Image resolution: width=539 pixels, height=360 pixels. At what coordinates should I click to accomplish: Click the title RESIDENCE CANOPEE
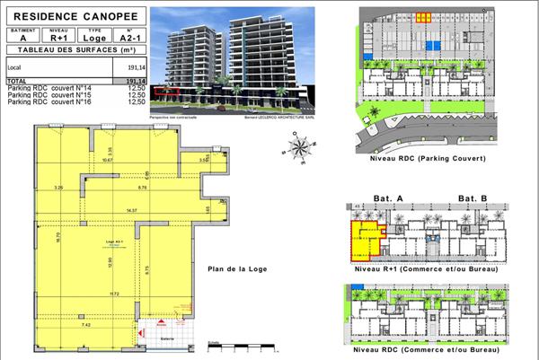(71, 15)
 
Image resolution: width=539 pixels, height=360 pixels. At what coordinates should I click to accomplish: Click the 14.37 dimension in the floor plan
(132, 210)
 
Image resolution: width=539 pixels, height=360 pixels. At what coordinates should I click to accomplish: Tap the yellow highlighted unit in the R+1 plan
(364, 241)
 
